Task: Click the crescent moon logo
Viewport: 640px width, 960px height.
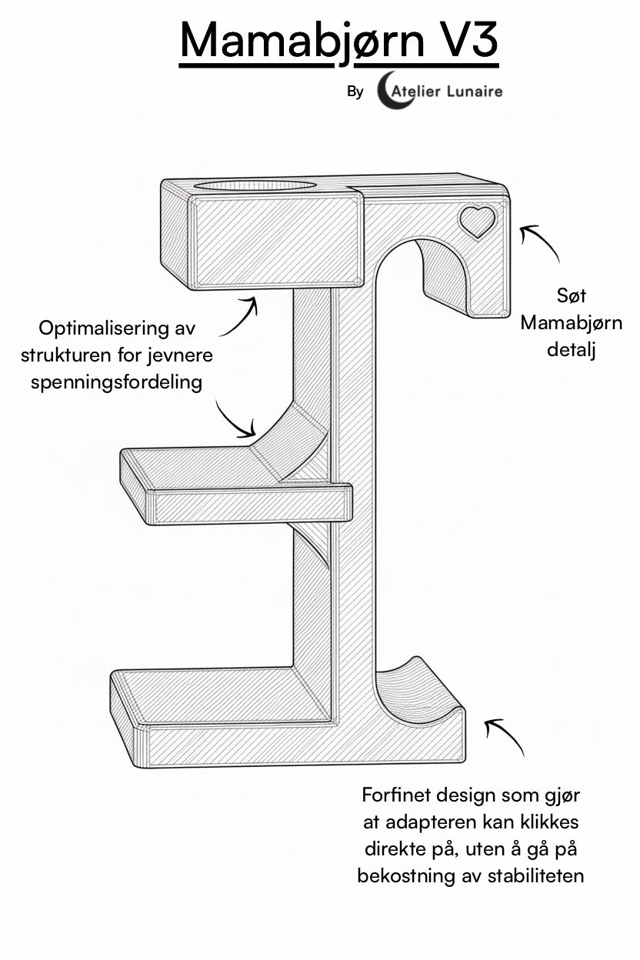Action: pos(385,91)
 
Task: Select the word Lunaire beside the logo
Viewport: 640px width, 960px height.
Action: pos(475,91)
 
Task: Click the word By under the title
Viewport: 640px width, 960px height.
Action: pos(355,92)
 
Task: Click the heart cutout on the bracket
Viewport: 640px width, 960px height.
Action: pos(477,222)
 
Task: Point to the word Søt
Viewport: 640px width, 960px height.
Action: pos(571,295)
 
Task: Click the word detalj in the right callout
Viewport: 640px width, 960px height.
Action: pos(571,349)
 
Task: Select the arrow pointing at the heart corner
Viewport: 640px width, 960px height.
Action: pos(541,242)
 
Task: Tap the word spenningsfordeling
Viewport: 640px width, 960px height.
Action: pos(117,382)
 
